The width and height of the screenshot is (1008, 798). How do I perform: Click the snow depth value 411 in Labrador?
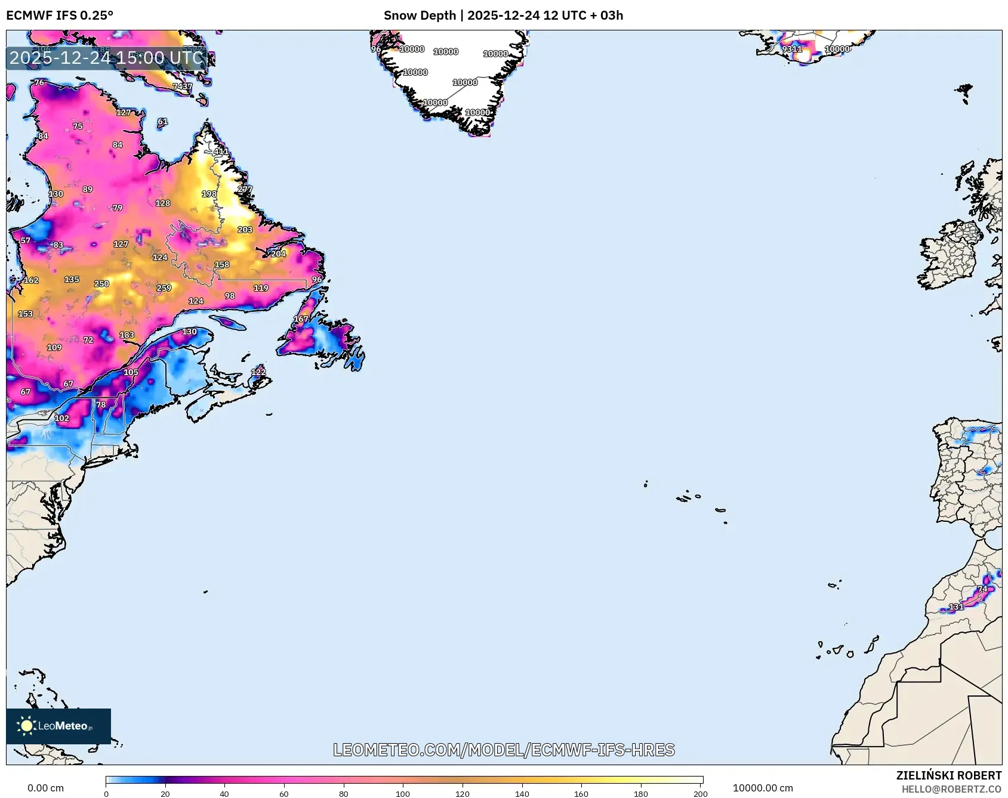[x=221, y=151]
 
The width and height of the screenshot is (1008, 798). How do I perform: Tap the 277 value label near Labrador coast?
[x=245, y=189]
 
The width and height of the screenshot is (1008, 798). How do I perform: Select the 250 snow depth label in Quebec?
[x=101, y=284]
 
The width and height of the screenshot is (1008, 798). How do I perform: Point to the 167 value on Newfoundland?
[x=301, y=319]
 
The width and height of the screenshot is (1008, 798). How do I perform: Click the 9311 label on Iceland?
[x=791, y=49]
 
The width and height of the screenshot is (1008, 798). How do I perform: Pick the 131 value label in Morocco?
[x=956, y=607]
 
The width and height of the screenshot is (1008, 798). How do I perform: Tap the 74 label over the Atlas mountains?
[x=982, y=589]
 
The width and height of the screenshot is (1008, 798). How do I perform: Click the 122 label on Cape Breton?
[x=258, y=372]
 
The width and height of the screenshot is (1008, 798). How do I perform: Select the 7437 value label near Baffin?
[x=183, y=86]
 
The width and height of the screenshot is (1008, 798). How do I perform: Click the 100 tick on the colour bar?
[x=403, y=794]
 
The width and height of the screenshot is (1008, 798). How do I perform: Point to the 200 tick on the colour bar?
[x=701, y=794]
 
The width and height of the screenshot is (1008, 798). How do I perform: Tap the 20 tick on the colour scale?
[x=165, y=794]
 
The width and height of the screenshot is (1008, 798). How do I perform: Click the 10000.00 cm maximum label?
[x=763, y=788]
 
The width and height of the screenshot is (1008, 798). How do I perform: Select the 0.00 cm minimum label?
[x=45, y=788]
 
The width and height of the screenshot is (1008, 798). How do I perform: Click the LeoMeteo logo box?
[x=58, y=726]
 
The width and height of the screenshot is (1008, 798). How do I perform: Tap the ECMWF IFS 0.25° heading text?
[x=60, y=16]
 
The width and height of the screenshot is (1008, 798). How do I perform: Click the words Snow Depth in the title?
[x=420, y=16]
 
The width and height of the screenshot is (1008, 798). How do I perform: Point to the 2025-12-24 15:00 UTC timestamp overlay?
[x=106, y=58]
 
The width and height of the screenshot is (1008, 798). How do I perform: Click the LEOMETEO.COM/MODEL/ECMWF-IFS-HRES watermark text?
[x=504, y=750]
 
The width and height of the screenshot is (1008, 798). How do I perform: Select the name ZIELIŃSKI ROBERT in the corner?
[x=948, y=775]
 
